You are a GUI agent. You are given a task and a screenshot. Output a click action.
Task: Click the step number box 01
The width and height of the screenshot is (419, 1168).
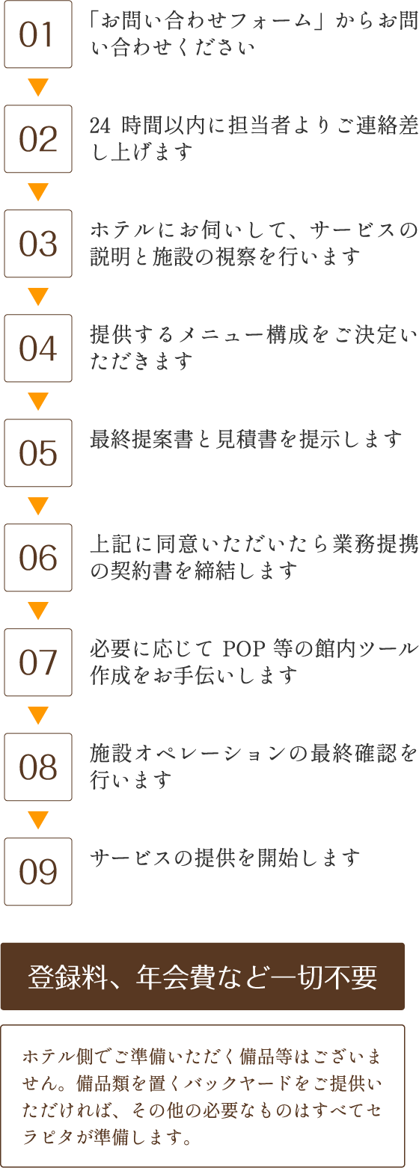[x=38, y=34]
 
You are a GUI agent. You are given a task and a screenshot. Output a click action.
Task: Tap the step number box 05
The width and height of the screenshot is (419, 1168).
[x=38, y=452]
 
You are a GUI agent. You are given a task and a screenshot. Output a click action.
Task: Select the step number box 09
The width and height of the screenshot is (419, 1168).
[x=38, y=871]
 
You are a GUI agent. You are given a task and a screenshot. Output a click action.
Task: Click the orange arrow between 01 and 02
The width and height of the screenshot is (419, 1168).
[x=38, y=87]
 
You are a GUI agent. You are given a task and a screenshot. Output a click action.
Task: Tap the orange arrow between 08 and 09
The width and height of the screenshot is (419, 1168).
[x=38, y=820]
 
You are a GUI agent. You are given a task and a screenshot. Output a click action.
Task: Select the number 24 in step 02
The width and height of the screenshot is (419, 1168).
[x=100, y=126]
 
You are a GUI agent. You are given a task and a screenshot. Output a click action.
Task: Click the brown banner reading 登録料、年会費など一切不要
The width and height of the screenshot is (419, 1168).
[x=203, y=976]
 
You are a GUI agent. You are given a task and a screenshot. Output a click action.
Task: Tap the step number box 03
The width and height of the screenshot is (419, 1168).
[x=38, y=244]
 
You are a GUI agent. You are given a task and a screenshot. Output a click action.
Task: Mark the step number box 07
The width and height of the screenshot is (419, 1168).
[x=38, y=663]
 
